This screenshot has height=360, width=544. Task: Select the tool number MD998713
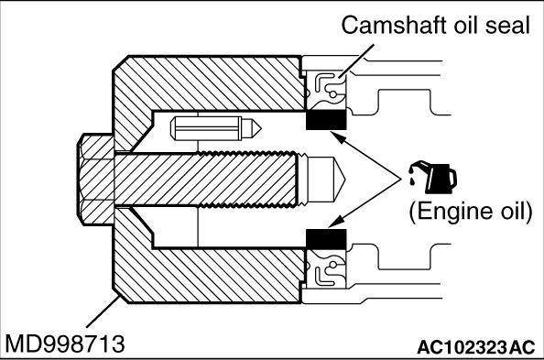[x=65, y=344]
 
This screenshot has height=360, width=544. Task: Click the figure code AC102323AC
[x=475, y=347]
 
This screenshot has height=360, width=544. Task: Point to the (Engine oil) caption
[x=471, y=211]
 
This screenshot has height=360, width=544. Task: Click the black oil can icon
[x=433, y=177]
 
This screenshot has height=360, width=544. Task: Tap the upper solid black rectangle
[x=326, y=120]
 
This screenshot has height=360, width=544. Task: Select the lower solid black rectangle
[x=326, y=239]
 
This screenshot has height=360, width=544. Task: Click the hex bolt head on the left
[x=95, y=180]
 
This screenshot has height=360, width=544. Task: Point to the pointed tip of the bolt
[x=345, y=180]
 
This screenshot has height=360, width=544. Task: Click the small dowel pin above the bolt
[x=215, y=128]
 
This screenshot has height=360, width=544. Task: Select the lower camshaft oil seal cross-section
[x=326, y=269]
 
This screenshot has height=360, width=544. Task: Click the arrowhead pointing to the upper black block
[x=338, y=136]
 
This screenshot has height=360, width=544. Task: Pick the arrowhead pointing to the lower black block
[x=337, y=222]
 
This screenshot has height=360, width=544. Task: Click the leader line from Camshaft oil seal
[x=357, y=60]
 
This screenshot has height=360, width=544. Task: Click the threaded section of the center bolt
[x=247, y=180]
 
